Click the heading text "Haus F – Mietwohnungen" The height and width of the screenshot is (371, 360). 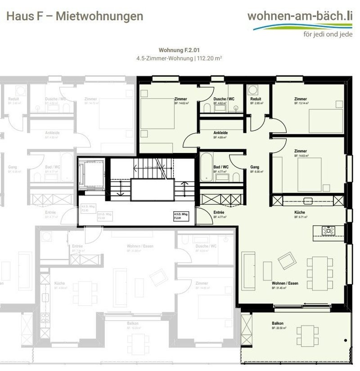coord(74,16)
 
